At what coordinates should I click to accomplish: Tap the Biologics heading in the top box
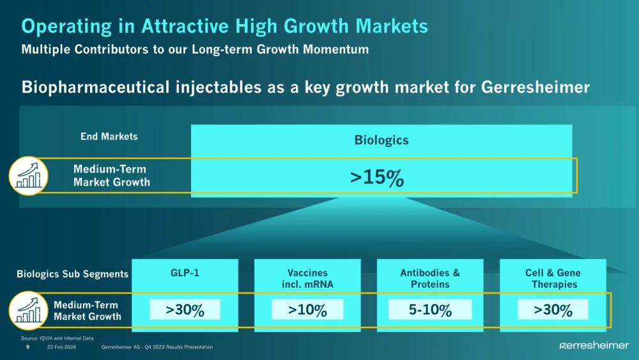click(381, 140)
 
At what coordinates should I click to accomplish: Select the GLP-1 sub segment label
click(185, 273)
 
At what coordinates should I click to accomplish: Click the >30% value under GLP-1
click(185, 310)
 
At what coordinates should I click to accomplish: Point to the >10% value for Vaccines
click(307, 310)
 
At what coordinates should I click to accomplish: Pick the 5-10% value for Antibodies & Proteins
click(430, 310)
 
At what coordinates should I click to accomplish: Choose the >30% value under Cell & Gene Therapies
click(553, 310)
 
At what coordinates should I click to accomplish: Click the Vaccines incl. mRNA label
click(307, 278)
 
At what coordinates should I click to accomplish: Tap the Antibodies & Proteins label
click(430, 278)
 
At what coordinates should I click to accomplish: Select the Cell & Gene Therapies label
click(553, 278)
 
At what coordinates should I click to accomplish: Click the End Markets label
click(109, 136)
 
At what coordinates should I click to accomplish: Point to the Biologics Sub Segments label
click(72, 274)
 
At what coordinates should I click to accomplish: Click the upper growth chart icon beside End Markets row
click(29, 175)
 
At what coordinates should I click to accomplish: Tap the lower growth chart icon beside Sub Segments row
click(29, 311)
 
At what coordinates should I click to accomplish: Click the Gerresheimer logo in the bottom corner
click(594, 345)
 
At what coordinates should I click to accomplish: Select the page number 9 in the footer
click(27, 347)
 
